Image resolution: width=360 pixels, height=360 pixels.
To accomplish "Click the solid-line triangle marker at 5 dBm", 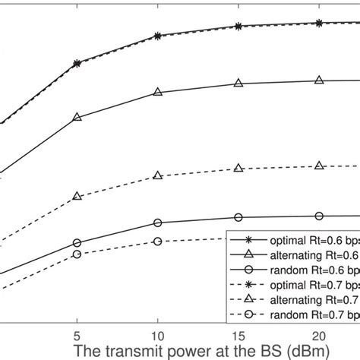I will pyautogui.click(x=77, y=118).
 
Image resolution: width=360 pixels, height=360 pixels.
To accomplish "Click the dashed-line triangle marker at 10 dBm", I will pyautogui.click(x=157, y=175).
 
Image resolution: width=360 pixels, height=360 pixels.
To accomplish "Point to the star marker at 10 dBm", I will pyautogui.click(x=157, y=36).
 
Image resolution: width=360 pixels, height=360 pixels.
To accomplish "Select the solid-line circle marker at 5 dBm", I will pyautogui.click(x=77, y=243).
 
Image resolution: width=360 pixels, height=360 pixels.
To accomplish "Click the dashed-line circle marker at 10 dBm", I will pyautogui.click(x=157, y=241).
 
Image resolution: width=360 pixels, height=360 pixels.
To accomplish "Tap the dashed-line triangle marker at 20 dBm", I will pyautogui.click(x=319, y=165).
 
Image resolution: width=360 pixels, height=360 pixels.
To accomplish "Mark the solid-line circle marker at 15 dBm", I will pyautogui.click(x=238, y=216).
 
